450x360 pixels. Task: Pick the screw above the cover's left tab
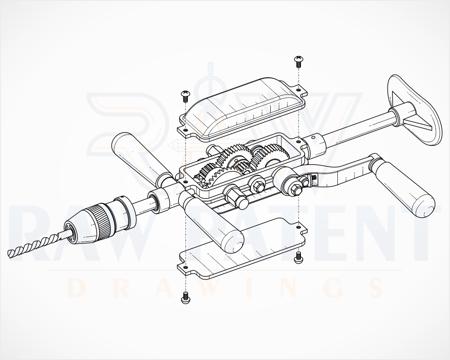click(185, 96)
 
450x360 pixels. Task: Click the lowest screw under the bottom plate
click(186, 297)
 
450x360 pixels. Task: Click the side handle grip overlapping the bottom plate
click(212, 220)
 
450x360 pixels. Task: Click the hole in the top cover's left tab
click(186, 130)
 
